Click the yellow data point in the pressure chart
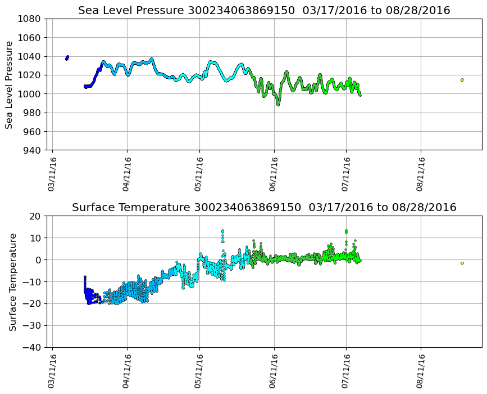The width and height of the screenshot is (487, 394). [x=462, y=80]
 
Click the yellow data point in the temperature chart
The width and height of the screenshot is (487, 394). [x=462, y=263]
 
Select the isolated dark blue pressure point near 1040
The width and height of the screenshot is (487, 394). [x=67, y=57]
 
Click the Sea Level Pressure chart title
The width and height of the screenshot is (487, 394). [x=264, y=10]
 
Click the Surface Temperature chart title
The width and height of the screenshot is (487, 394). [x=264, y=207]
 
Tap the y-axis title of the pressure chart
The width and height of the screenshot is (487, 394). [x=9, y=84]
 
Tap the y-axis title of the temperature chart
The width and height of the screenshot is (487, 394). [x=12, y=281]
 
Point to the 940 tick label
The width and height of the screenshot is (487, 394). [x=31, y=150]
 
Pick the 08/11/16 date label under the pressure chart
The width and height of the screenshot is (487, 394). [x=421, y=174]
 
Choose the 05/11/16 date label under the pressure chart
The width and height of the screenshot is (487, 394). [x=200, y=174]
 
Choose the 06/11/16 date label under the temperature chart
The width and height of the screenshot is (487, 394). [x=274, y=371]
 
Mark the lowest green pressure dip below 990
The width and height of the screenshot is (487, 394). [x=277, y=104]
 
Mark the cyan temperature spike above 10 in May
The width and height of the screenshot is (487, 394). [x=222, y=231]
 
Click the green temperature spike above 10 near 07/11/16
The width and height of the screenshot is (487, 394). [x=346, y=231]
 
